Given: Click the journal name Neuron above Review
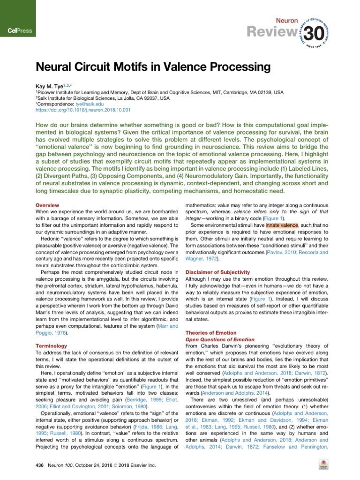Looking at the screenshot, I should pos(286,19).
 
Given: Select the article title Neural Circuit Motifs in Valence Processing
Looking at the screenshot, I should pos(153,67).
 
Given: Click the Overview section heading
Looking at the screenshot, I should pos(47,205).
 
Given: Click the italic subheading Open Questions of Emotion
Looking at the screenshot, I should pos(220,339).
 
